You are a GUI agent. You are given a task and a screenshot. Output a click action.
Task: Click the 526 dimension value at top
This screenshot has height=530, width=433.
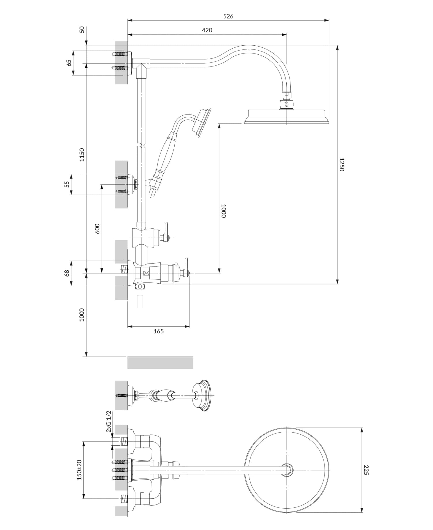(x=228, y=16)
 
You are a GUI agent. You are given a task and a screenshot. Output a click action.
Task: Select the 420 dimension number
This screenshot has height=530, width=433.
(x=207, y=30)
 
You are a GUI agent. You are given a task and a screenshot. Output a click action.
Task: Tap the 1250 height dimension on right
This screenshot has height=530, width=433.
(x=341, y=164)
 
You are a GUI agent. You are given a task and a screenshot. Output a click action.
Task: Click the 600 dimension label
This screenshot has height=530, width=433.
(x=97, y=228)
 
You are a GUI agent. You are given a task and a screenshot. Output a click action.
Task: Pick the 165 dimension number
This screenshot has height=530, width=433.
(x=158, y=331)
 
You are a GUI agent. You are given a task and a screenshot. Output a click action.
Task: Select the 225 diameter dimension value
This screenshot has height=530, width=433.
(x=366, y=470)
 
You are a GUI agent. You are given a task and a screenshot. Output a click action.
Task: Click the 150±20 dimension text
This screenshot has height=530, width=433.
(x=79, y=470)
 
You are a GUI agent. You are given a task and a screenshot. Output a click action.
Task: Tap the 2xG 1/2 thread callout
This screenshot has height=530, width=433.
(x=109, y=421)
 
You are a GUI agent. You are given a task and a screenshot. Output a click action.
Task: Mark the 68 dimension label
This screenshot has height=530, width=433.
(x=67, y=273)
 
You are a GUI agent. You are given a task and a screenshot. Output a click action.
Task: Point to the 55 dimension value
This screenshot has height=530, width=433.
(x=67, y=184)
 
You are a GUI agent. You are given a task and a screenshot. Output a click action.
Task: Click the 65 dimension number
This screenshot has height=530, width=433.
(x=69, y=63)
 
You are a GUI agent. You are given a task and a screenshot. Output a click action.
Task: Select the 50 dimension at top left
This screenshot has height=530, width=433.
(x=82, y=29)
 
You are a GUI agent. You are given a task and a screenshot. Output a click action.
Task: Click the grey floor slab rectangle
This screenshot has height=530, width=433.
(x=160, y=363)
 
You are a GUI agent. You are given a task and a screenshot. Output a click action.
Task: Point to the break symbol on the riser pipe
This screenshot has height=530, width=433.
(x=141, y=144)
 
